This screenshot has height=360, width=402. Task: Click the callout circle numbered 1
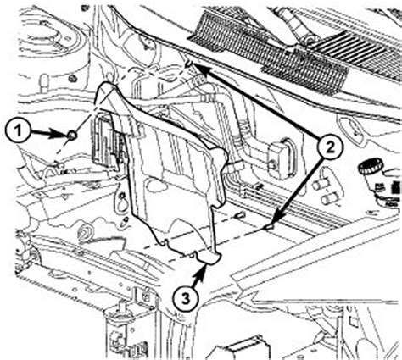(x=18, y=131)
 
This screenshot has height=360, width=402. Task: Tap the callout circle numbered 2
(x=330, y=147)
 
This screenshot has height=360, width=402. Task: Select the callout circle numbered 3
(x=186, y=299)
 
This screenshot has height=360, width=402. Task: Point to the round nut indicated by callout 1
(x=72, y=136)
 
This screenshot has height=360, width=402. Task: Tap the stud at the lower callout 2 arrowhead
(x=269, y=227)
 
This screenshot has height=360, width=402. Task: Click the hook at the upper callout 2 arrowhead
(x=189, y=64)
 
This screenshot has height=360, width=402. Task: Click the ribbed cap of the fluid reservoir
(x=370, y=166)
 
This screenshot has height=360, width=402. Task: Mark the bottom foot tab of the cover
(x=209, y=258)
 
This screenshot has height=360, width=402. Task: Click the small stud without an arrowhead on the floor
(x=240, y=216)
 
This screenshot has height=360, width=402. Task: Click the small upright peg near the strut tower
(x=44, y=83)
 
